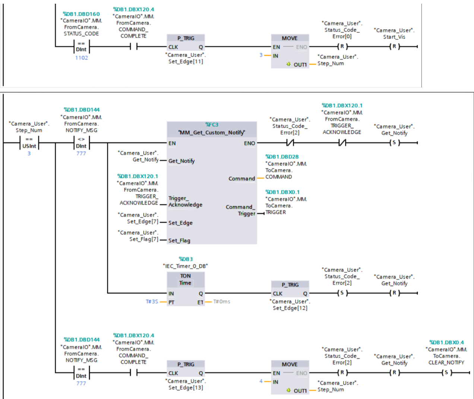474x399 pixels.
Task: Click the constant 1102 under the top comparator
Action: tap(81, 58)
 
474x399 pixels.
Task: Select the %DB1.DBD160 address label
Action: tap(81, 14)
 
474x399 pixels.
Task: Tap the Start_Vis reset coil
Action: tap(394, 47)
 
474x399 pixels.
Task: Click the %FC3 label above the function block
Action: tap(212, 125)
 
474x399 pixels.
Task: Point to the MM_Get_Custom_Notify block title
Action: tap(212, 133)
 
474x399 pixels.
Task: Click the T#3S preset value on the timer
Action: tap(152, 301)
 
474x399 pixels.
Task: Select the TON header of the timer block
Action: tap(185, 276)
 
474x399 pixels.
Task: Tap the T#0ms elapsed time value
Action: tap(222, 301)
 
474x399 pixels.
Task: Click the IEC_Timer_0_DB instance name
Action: tap(186, 266)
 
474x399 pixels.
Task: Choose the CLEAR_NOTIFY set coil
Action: tap(446, 373)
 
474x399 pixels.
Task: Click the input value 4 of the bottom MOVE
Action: tap(261, 381)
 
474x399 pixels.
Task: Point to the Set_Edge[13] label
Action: tap(186, 387)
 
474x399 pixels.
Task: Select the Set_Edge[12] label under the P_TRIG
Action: tap(290, 308)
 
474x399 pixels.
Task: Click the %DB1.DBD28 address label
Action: tap(282, 157)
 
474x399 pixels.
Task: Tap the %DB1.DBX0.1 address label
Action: tap(282, 192)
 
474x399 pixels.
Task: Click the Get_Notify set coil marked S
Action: tap(394, 143)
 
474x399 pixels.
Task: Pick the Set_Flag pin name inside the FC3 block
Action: tap(179, 240)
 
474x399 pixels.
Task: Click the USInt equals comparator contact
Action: tap(29, 143)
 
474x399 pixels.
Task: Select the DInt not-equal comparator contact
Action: tap(81, 143)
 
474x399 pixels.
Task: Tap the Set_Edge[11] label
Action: tap(186, 61)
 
